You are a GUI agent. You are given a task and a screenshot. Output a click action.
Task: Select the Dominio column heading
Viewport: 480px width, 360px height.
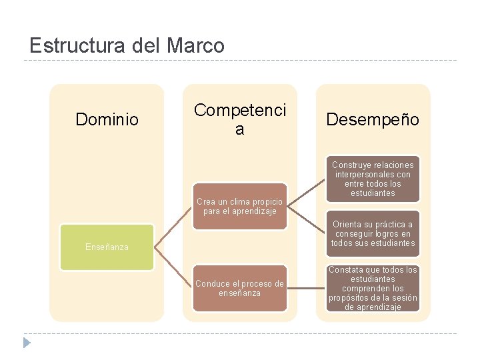107,120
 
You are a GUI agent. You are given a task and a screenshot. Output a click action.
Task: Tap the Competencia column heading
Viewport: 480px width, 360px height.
239,119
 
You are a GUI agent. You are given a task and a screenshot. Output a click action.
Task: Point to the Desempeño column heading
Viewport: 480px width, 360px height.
373,120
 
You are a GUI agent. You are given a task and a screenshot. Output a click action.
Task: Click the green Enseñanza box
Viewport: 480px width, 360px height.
107,247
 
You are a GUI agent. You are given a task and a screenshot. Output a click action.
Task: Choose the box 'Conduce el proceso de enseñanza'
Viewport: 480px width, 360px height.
239,288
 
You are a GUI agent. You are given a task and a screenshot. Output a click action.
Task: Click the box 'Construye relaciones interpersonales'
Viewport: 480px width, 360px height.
373,179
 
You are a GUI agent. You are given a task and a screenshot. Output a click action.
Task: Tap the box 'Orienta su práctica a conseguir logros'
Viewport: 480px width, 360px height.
373,233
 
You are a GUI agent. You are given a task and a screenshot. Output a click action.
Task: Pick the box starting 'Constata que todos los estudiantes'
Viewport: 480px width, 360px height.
373,288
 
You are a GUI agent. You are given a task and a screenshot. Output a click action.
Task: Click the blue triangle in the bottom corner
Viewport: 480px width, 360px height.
26,343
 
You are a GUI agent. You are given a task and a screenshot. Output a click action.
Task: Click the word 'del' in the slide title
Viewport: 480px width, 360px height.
147,46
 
